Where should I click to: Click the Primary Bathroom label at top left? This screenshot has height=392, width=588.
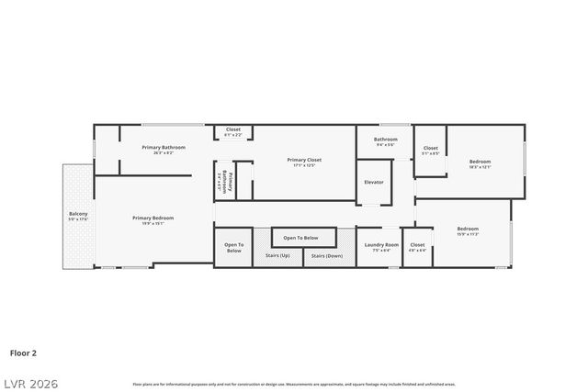coord(164,148)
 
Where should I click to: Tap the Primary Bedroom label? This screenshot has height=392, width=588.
coord(153,218)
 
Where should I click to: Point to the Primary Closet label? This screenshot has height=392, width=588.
coord(304,161)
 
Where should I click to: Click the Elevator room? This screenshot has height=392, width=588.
coord(374,182)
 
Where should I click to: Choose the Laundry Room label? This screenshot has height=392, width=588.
coord(381,245)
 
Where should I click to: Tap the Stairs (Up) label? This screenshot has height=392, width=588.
coord(277,255)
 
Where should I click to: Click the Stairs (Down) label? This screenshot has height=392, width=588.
coord(326,255)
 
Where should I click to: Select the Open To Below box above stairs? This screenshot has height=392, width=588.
coord(300,238)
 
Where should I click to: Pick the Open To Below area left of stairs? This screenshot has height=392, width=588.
coord(233,248)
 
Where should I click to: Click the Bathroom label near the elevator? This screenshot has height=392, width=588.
coord(385,140)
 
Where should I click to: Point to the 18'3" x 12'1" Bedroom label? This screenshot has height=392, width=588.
coord(481,162)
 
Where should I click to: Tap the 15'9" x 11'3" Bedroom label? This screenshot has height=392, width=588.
coord(468,230)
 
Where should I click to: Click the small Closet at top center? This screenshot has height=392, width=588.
coord(233,131)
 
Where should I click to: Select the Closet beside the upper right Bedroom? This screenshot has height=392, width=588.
coord(430,150)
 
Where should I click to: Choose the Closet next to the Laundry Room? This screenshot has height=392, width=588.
coord(417,246)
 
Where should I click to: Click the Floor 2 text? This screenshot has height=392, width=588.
coord(23,352)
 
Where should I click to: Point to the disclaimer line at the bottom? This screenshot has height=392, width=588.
coord(294,384)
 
